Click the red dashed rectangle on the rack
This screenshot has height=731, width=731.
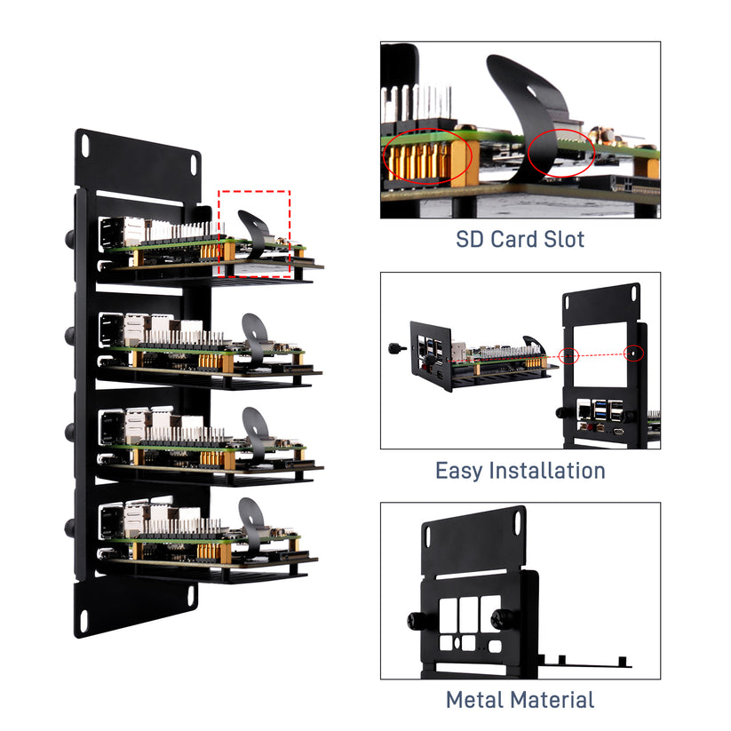tap(254, 234)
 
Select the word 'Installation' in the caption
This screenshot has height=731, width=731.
tap(552, 470)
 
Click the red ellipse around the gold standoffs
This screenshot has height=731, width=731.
tap(427, 157)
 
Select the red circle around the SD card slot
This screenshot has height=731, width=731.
tap(560, 153)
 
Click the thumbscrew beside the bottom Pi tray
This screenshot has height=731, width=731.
tap(70, 526)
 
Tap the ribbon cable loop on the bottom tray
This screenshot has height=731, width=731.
tap(252, 519)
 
